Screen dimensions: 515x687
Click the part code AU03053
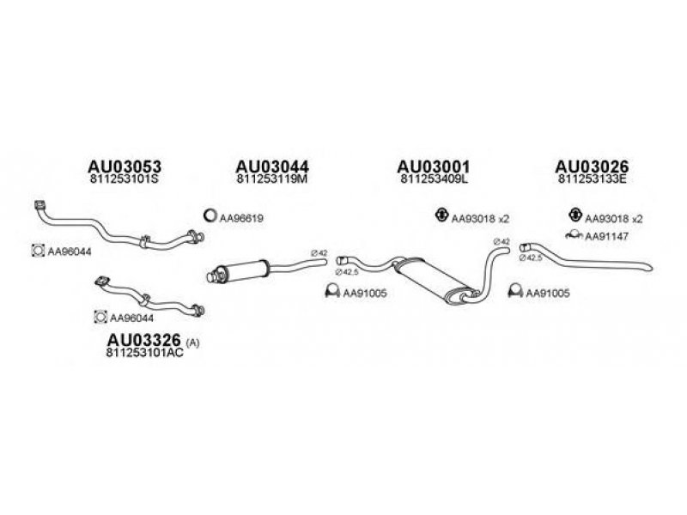(x=125, y=167)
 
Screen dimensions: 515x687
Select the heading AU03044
(x=272, y=167)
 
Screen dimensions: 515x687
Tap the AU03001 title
(x=435, y=167)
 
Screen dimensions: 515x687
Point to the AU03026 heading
(x=593, y=167)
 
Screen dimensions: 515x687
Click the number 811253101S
(x=125, y=182)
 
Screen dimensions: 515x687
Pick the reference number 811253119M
(x=272, y=182)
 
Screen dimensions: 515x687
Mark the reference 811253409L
(x=435, y=182)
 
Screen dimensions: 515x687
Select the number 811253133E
(x=593, y=182)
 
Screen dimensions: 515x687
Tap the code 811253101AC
(x=144, y=354)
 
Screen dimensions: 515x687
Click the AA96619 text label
(x=241, y=219)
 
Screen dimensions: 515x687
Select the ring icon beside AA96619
(x=209, y=217)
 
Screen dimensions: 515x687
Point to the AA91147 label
(x=605, y=236)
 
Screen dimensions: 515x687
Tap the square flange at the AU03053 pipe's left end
(x=39, y=205)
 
